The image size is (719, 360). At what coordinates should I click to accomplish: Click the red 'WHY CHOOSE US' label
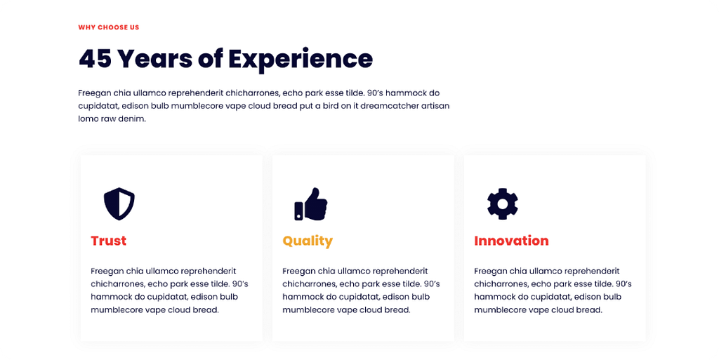[x=109, y=27]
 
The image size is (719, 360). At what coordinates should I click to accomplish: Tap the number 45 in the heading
[x=95, y=59]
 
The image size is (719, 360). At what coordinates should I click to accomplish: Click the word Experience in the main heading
[x=301, y=60]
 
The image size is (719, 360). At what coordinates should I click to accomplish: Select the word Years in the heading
[x=154, y=59]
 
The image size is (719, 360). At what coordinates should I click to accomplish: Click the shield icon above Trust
[x=119, y=204]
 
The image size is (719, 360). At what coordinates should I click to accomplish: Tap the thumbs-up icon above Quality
[x=311, y=204]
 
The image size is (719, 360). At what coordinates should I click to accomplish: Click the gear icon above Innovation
[x=503, y=204]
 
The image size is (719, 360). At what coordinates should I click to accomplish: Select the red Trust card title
[x=109, y=241]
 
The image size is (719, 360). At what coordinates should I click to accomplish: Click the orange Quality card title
[x=308, y=241]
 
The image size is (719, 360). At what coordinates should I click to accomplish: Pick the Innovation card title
[x=511, y=241]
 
